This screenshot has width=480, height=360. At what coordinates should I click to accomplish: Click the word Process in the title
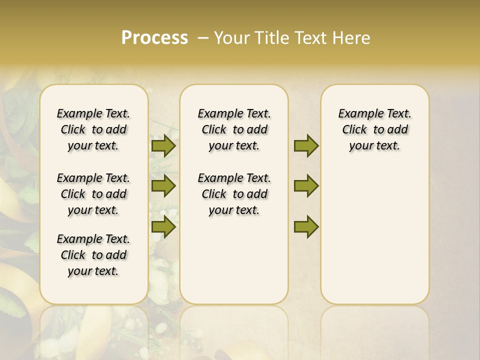point(154,37)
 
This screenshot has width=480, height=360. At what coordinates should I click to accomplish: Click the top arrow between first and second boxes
point(163,146)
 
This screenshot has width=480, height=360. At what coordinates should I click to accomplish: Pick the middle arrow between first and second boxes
point(163,186)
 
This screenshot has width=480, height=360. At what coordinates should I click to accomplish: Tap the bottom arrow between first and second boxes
point(163,226)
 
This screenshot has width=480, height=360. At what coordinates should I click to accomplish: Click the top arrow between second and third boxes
point(306,146)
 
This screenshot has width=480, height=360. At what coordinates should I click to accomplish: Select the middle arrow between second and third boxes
point(306,186)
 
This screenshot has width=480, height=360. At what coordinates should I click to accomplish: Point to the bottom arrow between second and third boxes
point(306,226)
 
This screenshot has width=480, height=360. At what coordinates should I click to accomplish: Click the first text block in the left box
point(93,129)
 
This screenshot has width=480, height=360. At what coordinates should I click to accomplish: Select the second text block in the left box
point(93,194)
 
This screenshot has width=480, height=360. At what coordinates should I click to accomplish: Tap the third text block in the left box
point(93,255)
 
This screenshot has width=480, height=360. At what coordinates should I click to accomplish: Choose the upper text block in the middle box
point(234,129)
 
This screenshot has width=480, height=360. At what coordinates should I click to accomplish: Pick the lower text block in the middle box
point(234,194)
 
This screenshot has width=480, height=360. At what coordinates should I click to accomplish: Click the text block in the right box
point(375,129)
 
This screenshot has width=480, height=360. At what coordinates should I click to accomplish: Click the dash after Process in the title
point(203,38)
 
